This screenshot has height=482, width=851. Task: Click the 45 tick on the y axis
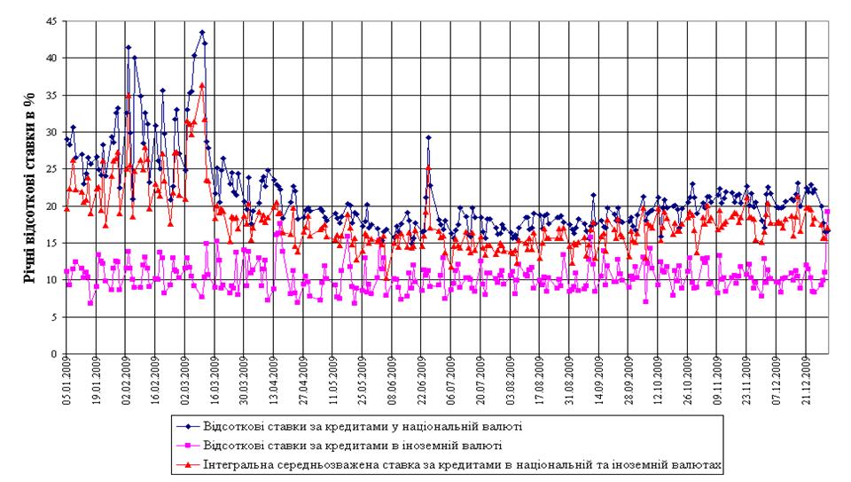[52, 21]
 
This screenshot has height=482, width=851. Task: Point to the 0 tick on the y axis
[55, 354]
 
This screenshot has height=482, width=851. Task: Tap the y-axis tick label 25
[52, 169]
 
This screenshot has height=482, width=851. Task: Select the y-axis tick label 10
[52, 280]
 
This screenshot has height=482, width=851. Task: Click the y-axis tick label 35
[52, 95]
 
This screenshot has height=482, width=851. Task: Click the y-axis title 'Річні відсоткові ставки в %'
[27, 188]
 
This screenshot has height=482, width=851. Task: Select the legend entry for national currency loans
[362, 426]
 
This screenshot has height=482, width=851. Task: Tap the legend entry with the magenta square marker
[353, 445]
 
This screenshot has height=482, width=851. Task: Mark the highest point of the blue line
[202, 33]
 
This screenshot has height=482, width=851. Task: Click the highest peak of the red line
[202, 85]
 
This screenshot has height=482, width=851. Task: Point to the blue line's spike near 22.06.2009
[428, 137]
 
